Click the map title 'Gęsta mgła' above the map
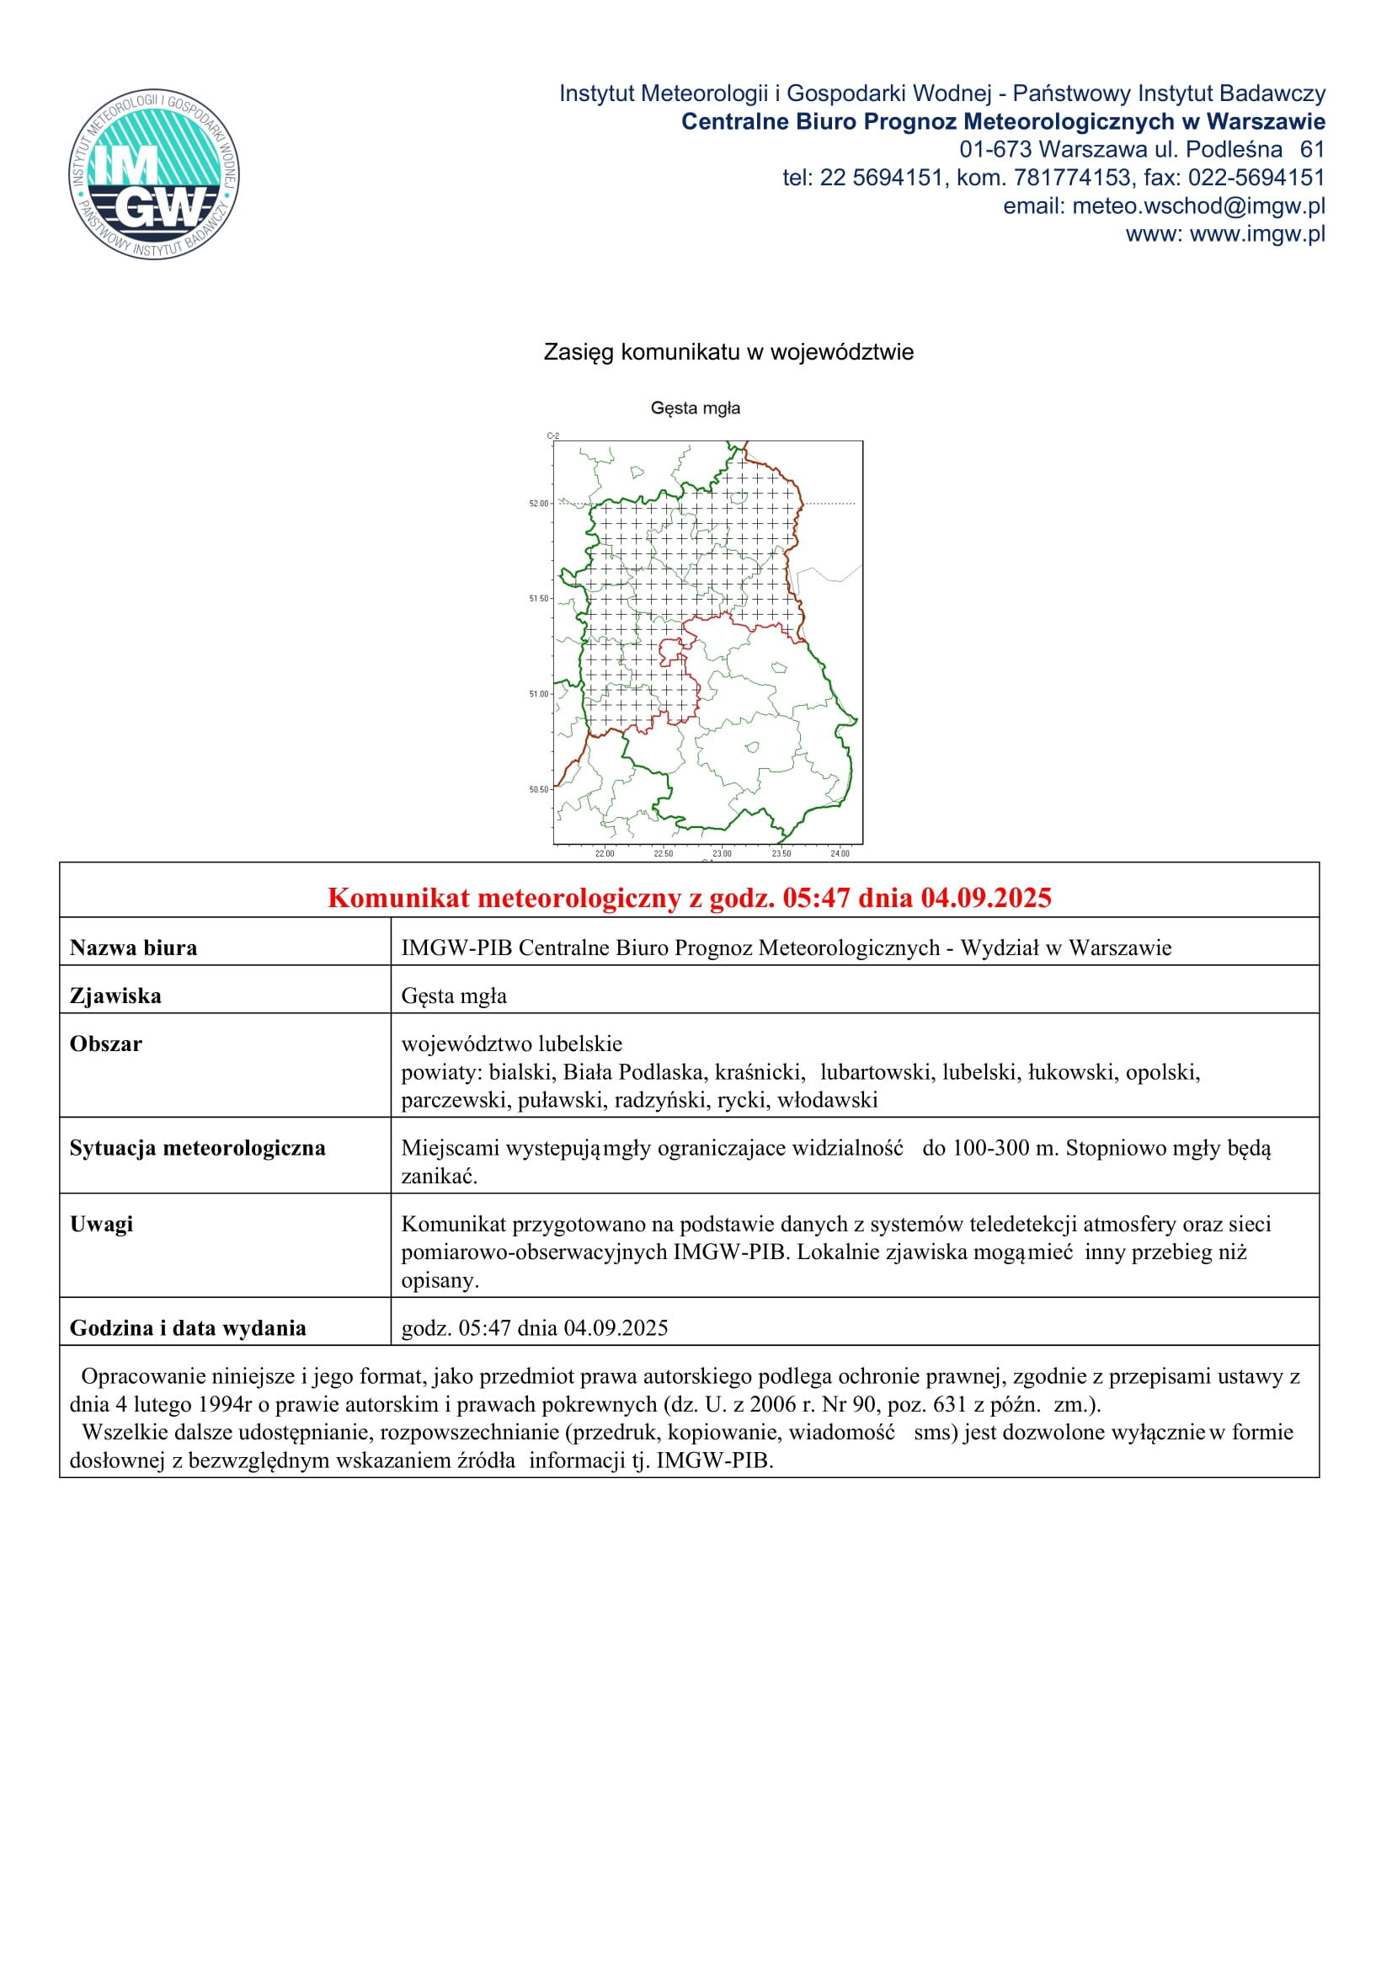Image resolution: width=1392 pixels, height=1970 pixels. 695,408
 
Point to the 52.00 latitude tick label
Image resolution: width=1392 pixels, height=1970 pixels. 539,504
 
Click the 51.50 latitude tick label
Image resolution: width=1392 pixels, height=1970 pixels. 539,599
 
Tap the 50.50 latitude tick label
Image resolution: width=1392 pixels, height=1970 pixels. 539,789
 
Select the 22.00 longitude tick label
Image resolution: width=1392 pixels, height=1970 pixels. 605,854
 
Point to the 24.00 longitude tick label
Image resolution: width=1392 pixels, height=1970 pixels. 840,854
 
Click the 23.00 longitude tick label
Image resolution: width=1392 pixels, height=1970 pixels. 723,854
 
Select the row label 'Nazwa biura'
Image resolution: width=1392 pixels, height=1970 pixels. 133,948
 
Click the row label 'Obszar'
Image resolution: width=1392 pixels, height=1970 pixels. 105,1044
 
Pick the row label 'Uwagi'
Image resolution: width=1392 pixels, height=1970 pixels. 101,1225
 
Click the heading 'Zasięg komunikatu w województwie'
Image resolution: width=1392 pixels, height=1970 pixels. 728,353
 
